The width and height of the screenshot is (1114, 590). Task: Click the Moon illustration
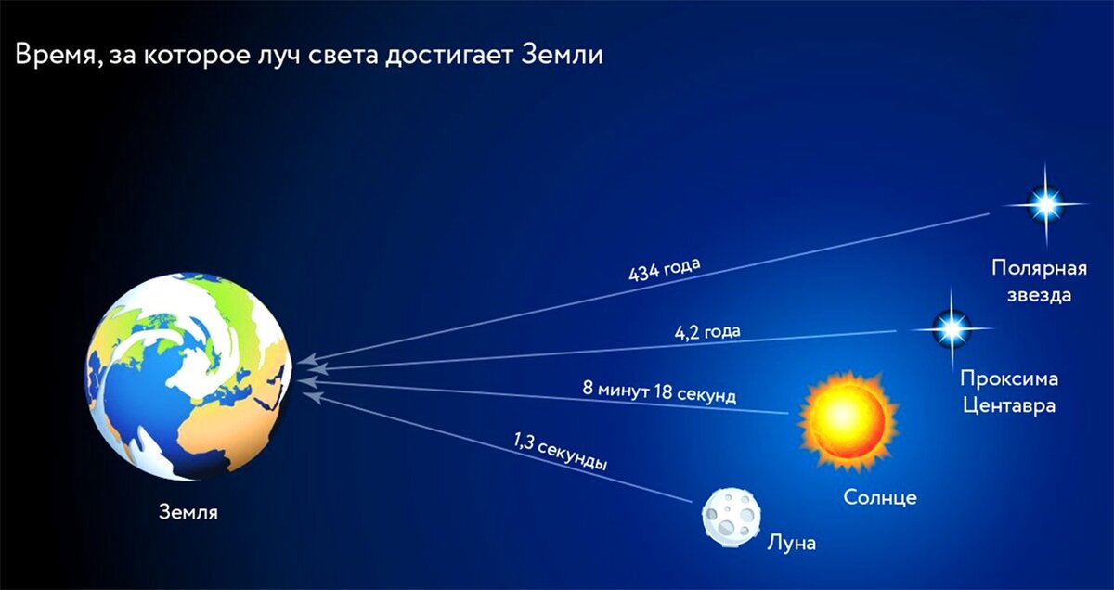(x=731, y=513)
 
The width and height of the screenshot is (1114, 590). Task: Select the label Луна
(x=791, y=543)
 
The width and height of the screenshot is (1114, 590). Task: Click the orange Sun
(x=848, y=418)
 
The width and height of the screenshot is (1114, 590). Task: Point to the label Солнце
(x=880, y=497)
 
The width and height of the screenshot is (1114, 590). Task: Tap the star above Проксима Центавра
(x=951, y=327)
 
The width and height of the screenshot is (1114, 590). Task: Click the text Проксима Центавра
(x=1009, y=391)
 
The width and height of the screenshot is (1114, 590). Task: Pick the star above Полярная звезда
(x=1046, y=204)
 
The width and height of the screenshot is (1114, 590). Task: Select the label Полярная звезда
(x=1038, y=282)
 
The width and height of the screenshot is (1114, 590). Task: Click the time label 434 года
(x=664, y=271)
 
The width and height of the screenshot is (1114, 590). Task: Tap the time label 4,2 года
(x=707, y=330)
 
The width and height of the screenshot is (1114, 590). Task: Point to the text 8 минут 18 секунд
(x=659, y=391)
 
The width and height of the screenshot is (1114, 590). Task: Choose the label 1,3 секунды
(x=560, y=451)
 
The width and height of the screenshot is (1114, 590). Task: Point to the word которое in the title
(x=203, y=56)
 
